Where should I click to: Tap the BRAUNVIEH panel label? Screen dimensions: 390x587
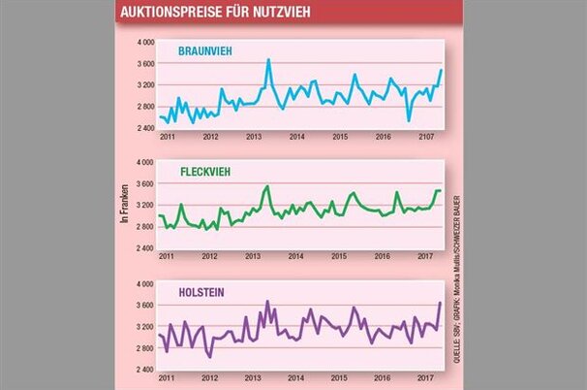pyautogui.click(x=210, y=50)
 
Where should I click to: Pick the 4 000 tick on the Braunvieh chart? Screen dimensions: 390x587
pyautogui.click(x=144, y=43)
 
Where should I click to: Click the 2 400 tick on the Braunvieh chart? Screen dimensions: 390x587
pyautogui.click(x=144, y=127)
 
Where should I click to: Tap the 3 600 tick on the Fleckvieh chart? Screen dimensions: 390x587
pyautogui.click(x=144, y=183)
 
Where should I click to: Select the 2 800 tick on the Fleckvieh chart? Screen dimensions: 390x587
pyautogui.click(x=144, y=227)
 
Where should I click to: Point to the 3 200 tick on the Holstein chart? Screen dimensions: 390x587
pyautogui.click(x=144, y=326)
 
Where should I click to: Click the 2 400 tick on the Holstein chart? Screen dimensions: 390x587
pyautogui.click(x=144, y=370)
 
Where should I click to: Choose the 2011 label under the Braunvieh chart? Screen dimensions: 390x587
pyautogui.click(x=167, y=136)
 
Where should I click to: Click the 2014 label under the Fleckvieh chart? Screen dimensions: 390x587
pyautogui.click(x=296, y=256)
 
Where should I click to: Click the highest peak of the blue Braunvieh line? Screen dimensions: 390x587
pyautogui.click(x=268, y=60)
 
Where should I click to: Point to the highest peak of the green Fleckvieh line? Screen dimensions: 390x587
pyautogui.click(x=266, y=185)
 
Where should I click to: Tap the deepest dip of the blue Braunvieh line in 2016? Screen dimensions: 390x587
pyautogui.click(x=409, y=120)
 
